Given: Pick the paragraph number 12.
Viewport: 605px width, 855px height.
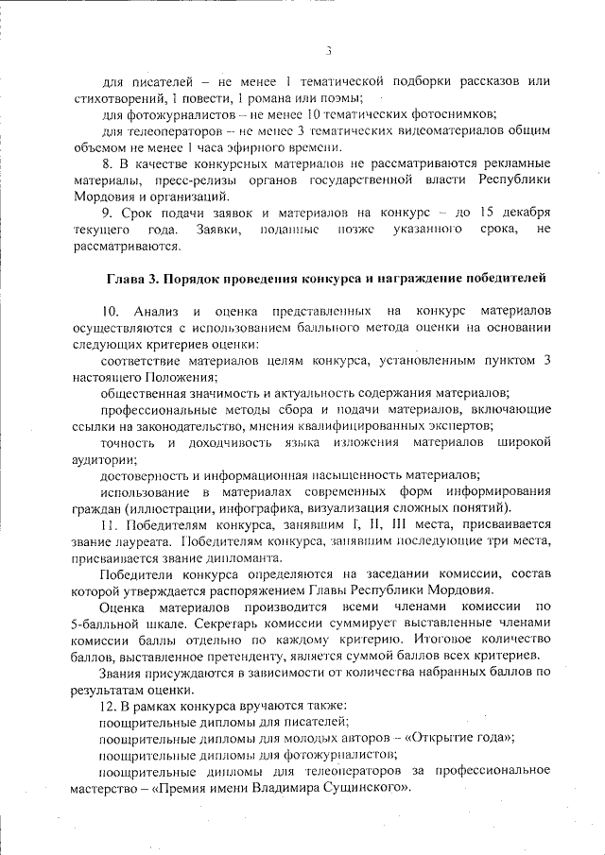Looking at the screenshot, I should coord(108,706).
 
